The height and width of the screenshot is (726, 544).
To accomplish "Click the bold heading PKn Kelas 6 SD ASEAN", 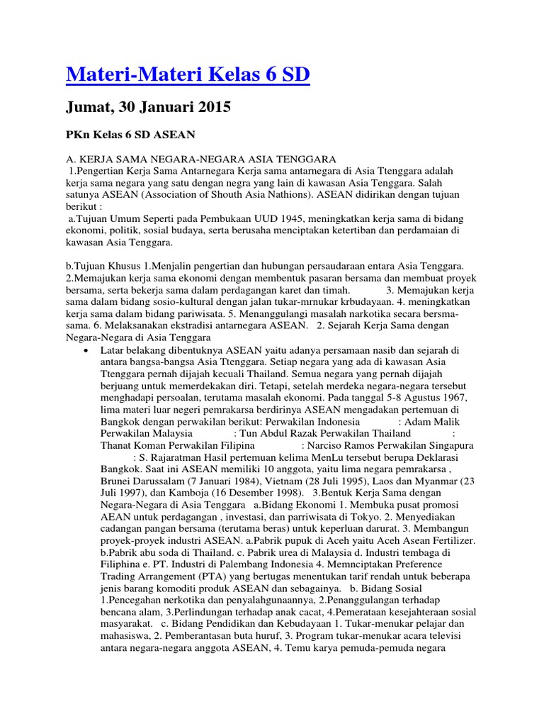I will [131, 134].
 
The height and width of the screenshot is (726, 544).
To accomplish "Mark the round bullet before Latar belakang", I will [86, 351].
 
